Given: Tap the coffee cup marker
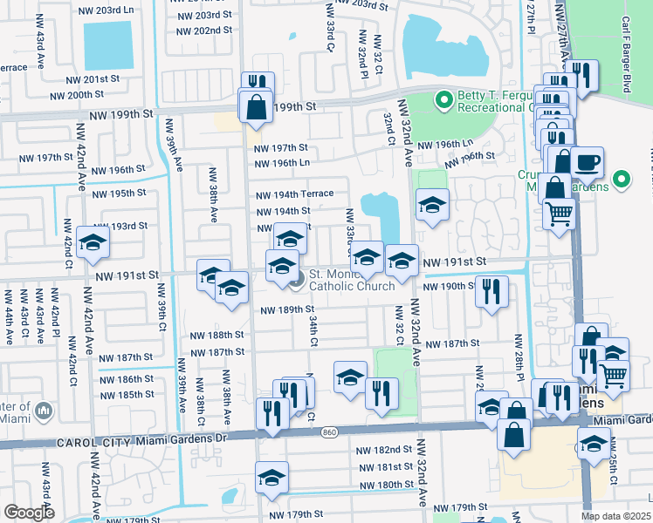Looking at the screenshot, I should click(x=587, y=162).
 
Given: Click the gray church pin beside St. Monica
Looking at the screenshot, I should click(x=297, y=279).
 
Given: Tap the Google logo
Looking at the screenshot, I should click(x=29, y=513).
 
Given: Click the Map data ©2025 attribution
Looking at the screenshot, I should click(x=615, y=516).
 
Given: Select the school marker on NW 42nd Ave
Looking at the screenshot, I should click(x=93, y=243).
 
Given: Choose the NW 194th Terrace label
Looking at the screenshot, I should click(x=294, y=195).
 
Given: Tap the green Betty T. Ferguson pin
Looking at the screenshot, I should click(x=444, y=101).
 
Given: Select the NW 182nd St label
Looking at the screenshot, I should click(x=384, y=450).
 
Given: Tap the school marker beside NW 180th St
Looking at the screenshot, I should click(x=272, y=478).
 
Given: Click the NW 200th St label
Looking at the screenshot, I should click(x=91, y=95).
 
